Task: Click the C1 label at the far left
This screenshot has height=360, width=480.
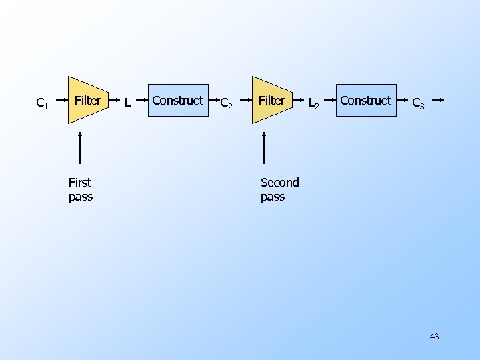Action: point(41,103)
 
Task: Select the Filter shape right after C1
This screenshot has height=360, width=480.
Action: point(87,101)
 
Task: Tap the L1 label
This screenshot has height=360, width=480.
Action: point(129,103)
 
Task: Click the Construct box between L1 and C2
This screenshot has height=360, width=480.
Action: point(177,101)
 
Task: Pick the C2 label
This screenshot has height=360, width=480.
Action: point(226,103)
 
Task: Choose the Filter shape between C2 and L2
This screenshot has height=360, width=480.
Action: point(271,101)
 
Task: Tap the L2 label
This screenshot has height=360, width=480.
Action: point(313,103)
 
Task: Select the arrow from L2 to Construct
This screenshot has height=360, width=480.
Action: point(329,102)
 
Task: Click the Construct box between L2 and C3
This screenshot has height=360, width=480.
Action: point(365,101)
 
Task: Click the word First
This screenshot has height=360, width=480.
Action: point(80,182)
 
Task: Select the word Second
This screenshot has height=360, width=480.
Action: point(280,182)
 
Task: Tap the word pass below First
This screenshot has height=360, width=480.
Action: point(81,197)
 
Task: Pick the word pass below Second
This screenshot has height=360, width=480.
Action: point(273,197)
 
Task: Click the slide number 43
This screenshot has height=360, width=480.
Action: point(434,337)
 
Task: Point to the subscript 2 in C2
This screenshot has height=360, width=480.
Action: point(230,105)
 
